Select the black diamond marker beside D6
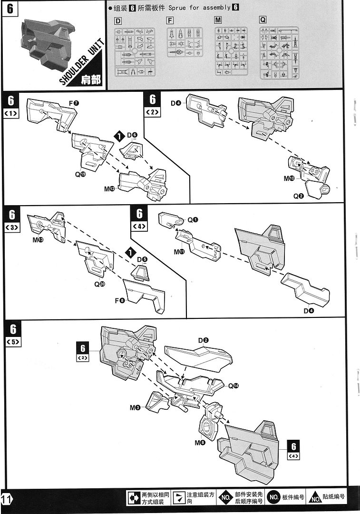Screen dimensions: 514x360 [x=119, y=136]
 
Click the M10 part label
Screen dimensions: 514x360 [x=289, y=178]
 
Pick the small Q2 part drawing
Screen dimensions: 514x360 [x=316, y=189]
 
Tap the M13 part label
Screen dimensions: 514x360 [x=38, y=240]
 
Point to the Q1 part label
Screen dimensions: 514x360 [x=192, y=220]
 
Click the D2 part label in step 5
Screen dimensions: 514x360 [x=204, y=340]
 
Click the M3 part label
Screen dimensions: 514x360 [x=135, y=408]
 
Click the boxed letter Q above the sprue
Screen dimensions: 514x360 [x=263, y=20]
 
